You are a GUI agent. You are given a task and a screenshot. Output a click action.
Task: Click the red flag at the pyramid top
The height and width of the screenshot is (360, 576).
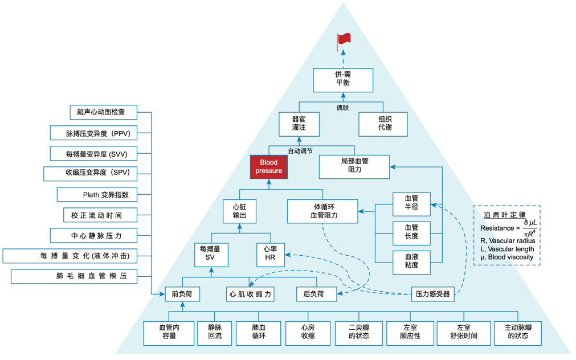pos(344,39)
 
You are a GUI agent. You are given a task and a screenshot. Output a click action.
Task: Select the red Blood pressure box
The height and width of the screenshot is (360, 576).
pos(268,166)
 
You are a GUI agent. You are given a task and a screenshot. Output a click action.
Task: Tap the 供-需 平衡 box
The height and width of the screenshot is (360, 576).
pos(343,80)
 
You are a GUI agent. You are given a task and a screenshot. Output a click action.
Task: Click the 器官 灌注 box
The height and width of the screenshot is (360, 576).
pos(299,124)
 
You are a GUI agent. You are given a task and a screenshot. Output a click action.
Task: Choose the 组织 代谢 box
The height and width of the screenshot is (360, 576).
pos(382,124)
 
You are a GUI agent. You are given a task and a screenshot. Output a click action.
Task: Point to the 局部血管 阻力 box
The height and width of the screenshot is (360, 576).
pos(354,166)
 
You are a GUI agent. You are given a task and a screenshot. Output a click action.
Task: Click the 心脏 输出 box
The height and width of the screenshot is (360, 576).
pos(239,210)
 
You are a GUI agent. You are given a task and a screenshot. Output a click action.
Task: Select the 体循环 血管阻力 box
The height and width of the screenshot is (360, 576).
pos(323,210)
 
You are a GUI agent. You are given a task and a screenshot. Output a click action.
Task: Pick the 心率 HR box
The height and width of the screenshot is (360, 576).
pos(270,255)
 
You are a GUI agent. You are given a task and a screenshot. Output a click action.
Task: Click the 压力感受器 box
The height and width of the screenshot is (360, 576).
pos(433,294)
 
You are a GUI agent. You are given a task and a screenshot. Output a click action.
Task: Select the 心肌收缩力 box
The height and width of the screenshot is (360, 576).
pos(251,294)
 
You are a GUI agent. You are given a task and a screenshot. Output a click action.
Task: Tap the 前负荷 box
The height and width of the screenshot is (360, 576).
pos(182,294)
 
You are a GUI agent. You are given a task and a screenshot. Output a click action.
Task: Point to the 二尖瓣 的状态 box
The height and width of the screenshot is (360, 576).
pos(359,332)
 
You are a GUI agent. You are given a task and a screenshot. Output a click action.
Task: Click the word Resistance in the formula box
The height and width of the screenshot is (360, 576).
pos(496,228)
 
